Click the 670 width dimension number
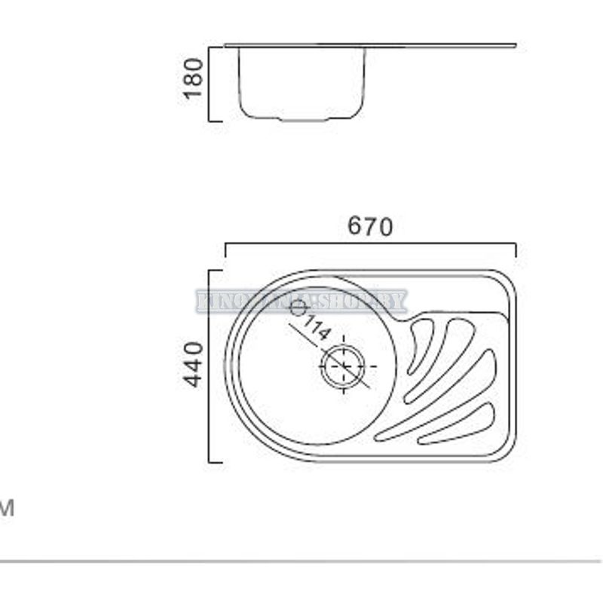pyautogui.click(x=370, y=226)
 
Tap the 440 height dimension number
pyautogui.click(x=194, y=365)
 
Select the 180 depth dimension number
pyautogui.click(x=194, y=78)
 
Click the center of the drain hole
pyautogui.click(x=343, y=366)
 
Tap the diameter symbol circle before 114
pyautogui.click(x=298, y=308)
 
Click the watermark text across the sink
pyautogui.click(x=301, y=301)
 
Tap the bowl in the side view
pyautogui.click(x=301, y=83)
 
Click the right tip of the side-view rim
pyautogui.click(x=515, y=45)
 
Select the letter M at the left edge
pyautogui.click(x=7, y=509)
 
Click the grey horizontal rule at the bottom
pyautogui.click(x=301, y=562)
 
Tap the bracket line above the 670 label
pyautogui.click(x=370, y=243)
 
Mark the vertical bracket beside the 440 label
pyautogui.click(x=210, y=366)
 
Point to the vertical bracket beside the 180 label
pyautogui.click(x=209, y=83)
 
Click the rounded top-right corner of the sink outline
pyautogui.click(x=507, y=280)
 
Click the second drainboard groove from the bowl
pyautogui.click(x=440, y=354)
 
